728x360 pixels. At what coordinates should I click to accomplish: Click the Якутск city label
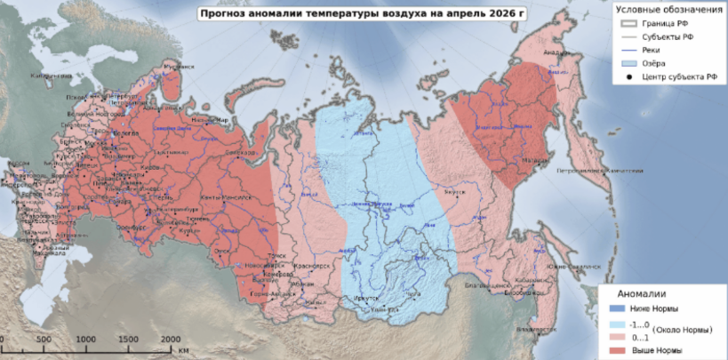[454, 191]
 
